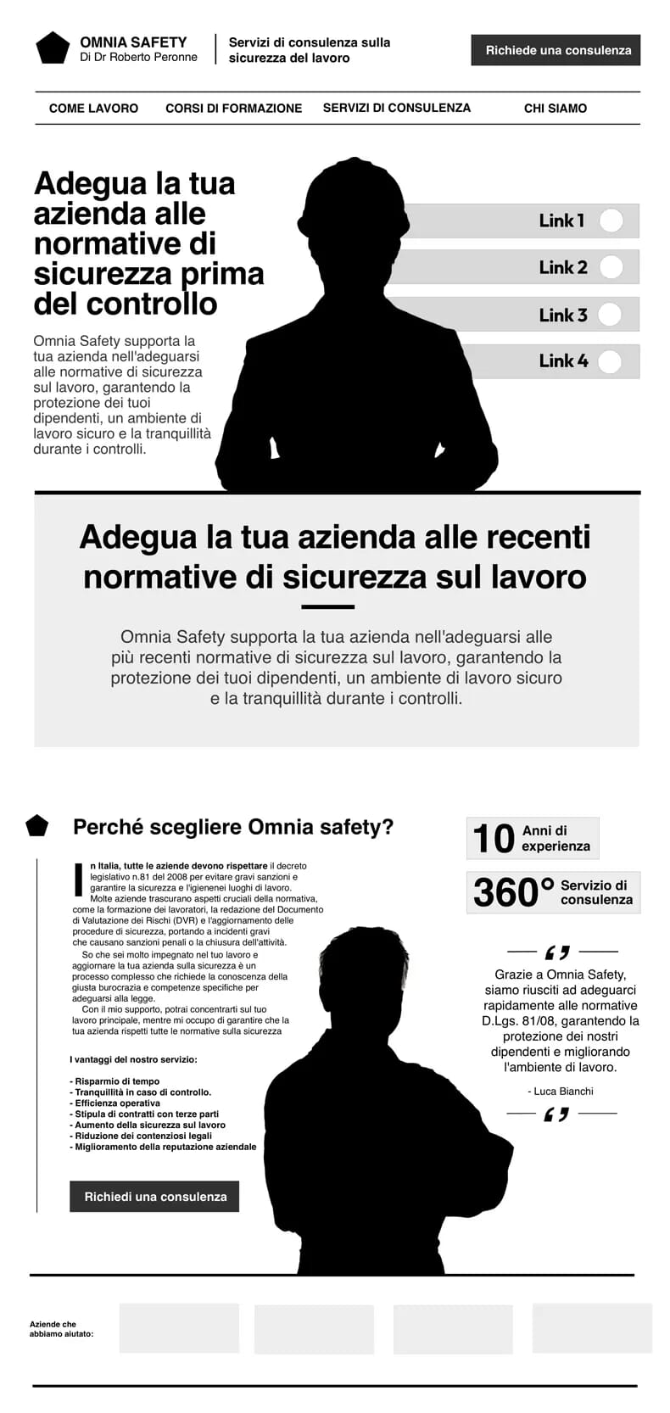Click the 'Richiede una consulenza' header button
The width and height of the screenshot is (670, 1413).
click(x=556, y=50)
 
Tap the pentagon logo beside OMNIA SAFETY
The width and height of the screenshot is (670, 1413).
click(x=53, y=48)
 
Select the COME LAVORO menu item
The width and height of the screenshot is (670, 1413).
click(x=93, y=109)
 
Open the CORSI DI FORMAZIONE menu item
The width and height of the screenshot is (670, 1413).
click(x=233, y=109)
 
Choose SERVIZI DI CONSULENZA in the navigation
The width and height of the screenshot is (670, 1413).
click(x=396, y=108)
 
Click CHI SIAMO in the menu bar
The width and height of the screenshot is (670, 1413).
click(x=555, y=109)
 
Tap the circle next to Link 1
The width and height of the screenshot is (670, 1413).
click(x=611, y=221)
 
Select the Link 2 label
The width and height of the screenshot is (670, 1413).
click(x=562, y=267)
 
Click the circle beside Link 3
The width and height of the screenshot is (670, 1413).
click(x=610, y=315)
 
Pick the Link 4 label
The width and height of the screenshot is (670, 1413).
click(x=563, y=361)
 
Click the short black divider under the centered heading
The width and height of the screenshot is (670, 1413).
click(x=327, y=607)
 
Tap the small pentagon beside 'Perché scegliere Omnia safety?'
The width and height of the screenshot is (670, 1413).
click(x=37, y=825)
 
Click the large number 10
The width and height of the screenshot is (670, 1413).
click(x=493, y=839)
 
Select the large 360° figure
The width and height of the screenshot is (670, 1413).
click(x=512, y=892)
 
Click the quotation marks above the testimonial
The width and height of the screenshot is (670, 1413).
click(x=557, y=952)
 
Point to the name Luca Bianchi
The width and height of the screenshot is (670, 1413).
click(x=561, y=1092)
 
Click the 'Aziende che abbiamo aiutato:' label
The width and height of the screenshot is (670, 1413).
click(x=61, y=1329)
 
